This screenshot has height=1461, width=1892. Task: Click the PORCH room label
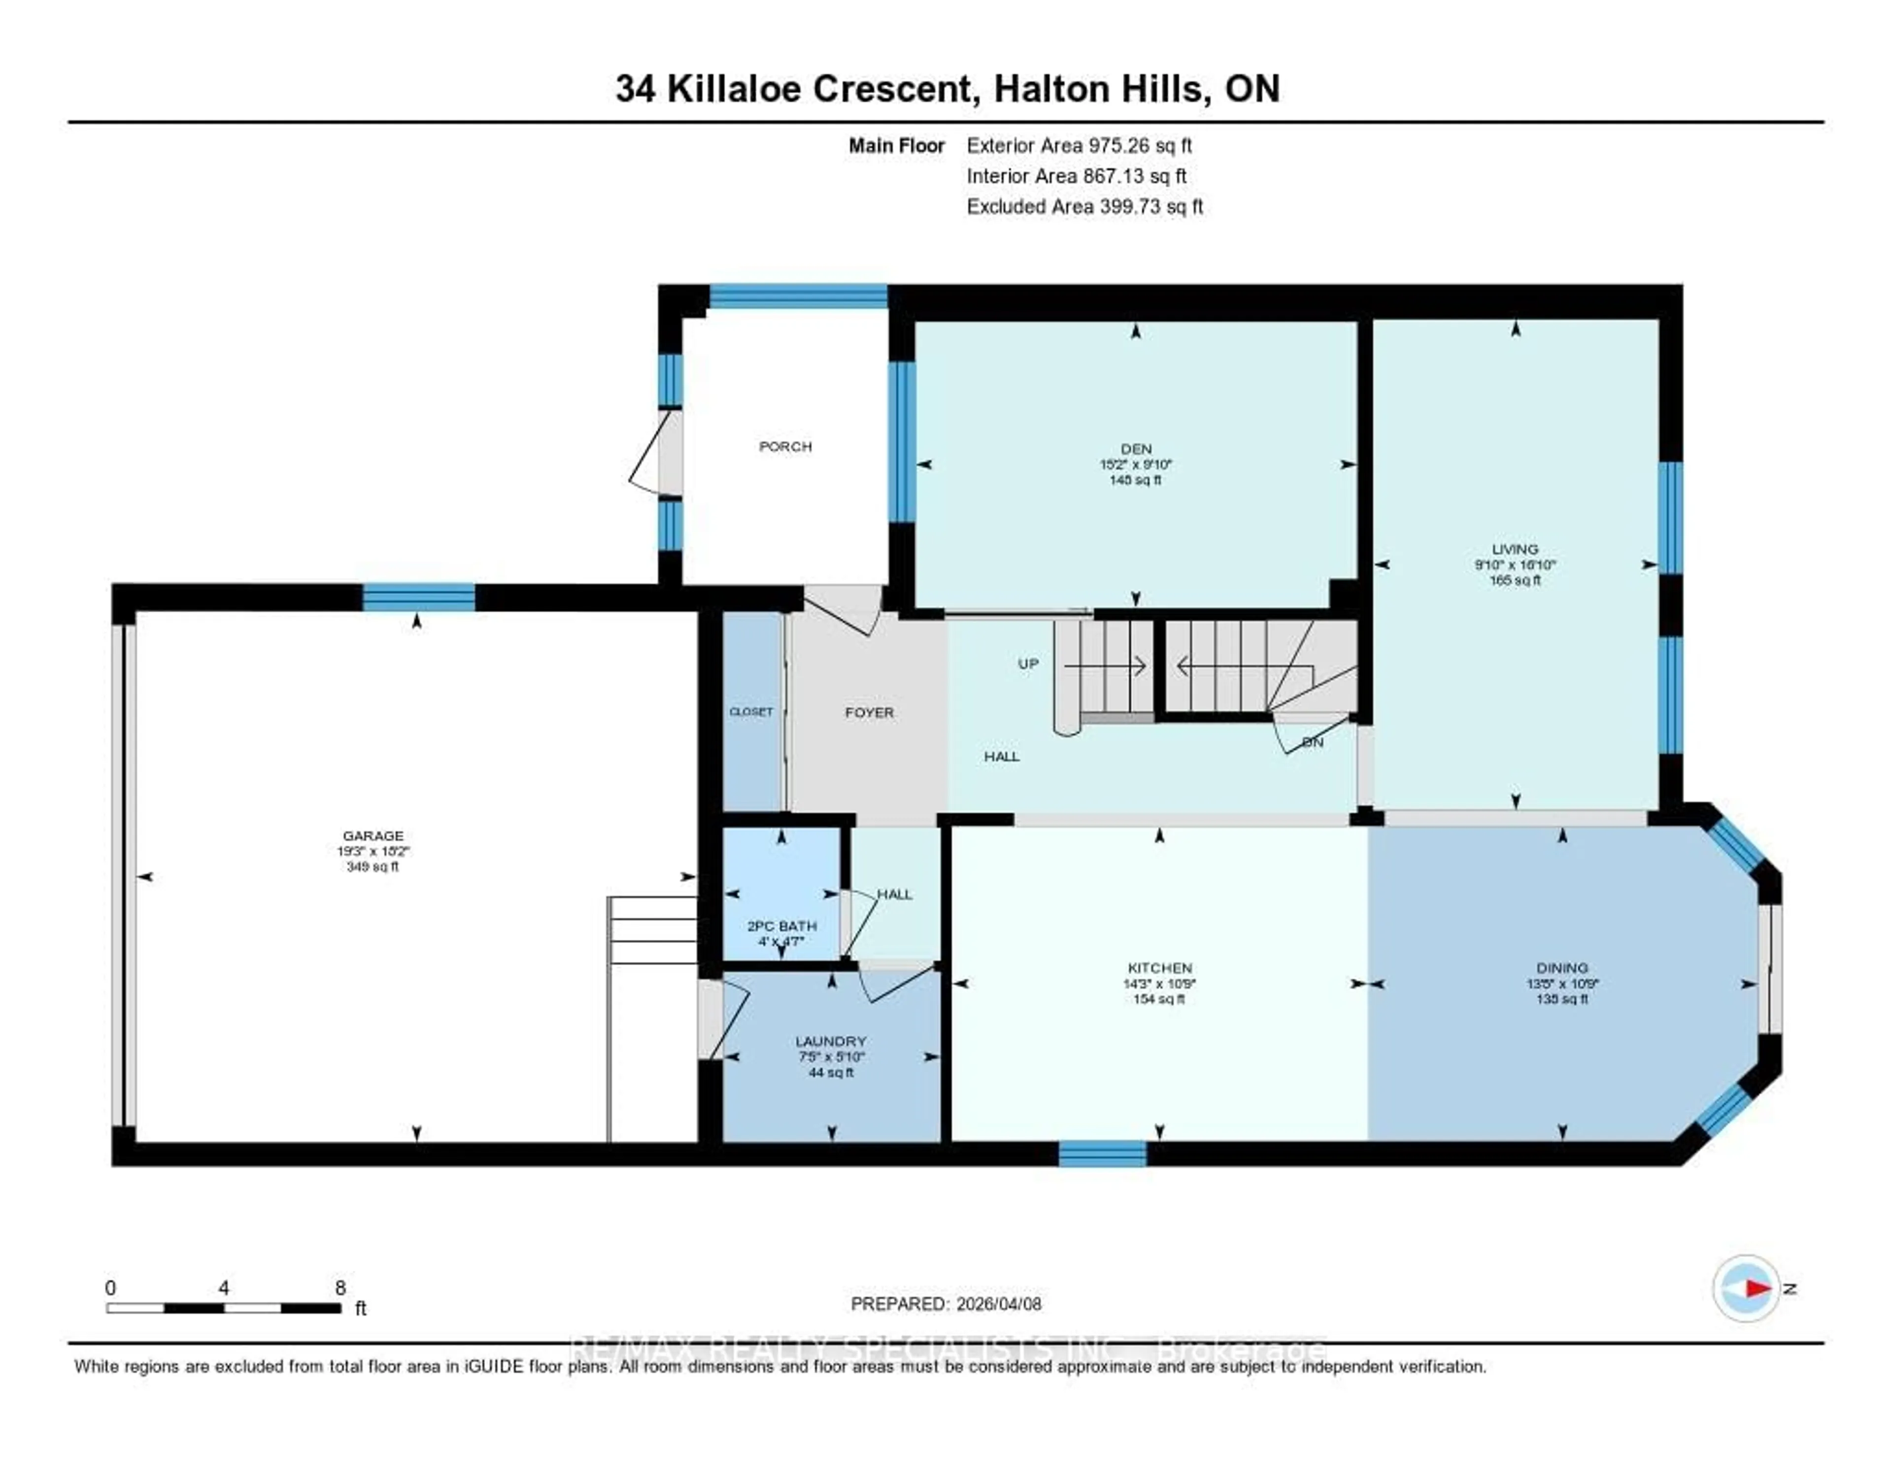(x=785, y=447)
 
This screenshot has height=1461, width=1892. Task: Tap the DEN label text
(x=1136, y=449)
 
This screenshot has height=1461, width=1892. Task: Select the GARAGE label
(x=372, y=836)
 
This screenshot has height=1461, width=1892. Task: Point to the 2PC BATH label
(x=781, y=926)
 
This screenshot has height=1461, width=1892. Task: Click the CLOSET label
(x=751, y=712)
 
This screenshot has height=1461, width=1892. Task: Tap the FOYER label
(x=869, y=713)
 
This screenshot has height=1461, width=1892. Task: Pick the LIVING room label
(x=1514, y=549)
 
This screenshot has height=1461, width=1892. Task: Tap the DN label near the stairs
(x=1313, y=743)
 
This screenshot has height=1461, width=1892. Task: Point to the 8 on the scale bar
(x=340, y=1288)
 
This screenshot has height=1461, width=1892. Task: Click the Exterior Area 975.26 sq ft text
(x=1079, y=145)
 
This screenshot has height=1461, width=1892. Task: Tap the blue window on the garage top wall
(x=418, y=598)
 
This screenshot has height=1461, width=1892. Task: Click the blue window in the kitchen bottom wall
(x=1102, y=1154)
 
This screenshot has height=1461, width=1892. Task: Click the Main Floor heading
(x=896, y=145)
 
